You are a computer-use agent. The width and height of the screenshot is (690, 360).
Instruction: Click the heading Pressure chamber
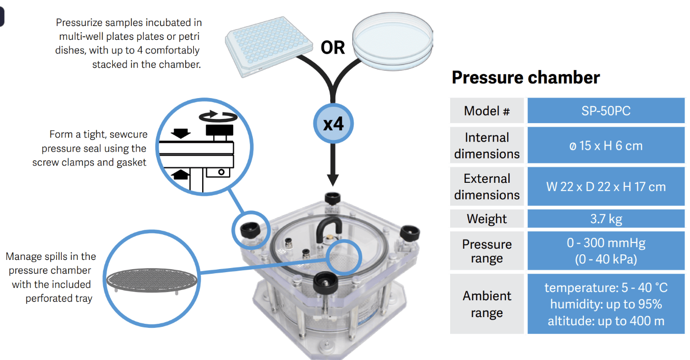(526, 78)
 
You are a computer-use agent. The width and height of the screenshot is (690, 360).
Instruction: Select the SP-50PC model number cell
(606, 111)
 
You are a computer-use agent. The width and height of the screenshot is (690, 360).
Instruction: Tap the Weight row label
(486, 219)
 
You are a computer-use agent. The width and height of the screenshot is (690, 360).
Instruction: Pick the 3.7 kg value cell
(606, 219)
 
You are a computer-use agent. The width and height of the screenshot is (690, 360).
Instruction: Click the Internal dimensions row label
(486, 146)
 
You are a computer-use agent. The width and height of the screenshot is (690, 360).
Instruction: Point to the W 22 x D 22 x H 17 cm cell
(606, 186)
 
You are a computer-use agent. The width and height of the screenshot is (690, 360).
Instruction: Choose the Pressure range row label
(486, 251)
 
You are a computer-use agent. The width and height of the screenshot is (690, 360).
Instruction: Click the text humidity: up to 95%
(606, 304)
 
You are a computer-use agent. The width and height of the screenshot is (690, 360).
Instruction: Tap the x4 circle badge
(333, 124)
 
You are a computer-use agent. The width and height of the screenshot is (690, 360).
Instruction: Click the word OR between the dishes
(333, 47)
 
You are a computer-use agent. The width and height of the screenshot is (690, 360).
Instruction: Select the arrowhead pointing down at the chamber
(333, 179)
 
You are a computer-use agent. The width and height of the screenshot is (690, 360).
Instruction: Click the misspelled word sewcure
(128, 134)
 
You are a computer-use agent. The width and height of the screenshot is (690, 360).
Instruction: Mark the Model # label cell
(486, 111)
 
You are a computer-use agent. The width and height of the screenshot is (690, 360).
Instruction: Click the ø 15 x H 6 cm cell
(606, 146)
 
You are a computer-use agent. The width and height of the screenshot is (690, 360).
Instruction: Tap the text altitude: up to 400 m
(606, 321)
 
